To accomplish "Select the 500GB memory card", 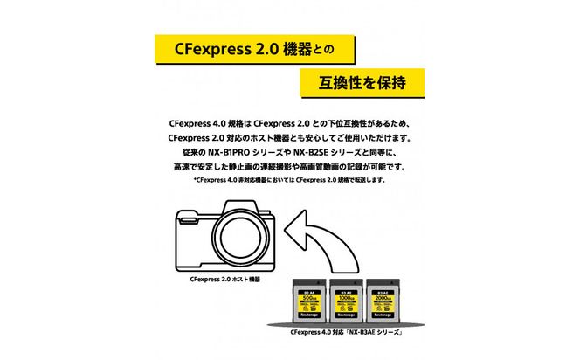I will click(310, 304).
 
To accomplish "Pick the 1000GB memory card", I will click(345, 304).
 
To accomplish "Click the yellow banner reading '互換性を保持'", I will click(361, 83).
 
